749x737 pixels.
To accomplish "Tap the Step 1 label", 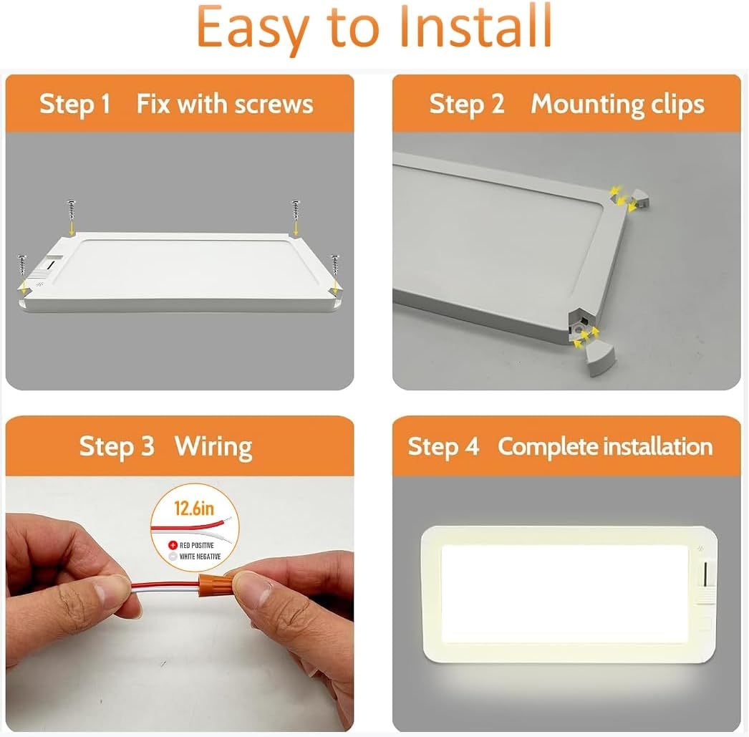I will click(74, 105).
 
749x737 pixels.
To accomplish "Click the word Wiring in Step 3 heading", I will click(213, 446).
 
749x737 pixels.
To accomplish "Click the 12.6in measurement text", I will click(194, 509).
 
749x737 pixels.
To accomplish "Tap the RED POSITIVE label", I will click(196, 545).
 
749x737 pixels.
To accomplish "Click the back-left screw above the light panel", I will click(71, 211).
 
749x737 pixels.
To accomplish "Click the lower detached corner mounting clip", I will click(597, 358).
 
